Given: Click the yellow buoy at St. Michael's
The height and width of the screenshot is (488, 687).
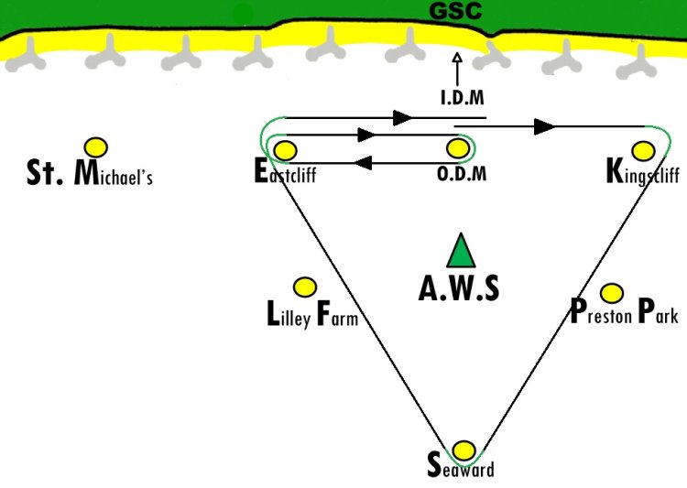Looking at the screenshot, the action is pos(96,147).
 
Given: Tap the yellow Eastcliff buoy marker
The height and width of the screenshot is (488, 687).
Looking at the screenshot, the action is pos(285,150).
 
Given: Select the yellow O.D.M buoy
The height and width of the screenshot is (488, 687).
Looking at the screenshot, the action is pos(458,148).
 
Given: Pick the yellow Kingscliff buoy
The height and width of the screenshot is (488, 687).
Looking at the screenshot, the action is pos(644,151).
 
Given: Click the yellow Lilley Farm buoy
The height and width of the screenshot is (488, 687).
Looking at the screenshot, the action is pos(304,287).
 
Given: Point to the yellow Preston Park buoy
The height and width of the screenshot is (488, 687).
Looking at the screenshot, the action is pos(612,293).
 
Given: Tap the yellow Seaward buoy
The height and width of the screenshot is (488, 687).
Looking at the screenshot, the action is pos(463,450).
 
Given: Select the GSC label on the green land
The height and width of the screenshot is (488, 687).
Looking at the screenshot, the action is pos(455,11).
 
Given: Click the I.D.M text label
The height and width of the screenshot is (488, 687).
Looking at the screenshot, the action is pos(463,97).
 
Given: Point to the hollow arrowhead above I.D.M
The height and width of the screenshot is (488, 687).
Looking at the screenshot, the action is pos(457,58).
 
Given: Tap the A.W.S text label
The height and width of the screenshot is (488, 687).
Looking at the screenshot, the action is pos(459,288).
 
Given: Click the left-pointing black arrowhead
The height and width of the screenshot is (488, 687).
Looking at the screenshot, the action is pos(363,163).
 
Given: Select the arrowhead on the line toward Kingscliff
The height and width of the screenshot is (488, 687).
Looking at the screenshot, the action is pos(545,126).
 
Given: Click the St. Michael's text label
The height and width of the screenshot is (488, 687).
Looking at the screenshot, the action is pos(90,172).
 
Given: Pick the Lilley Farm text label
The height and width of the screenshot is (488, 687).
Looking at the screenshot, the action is pos(312,314).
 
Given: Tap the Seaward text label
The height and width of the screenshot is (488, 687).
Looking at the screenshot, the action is pos(461,466).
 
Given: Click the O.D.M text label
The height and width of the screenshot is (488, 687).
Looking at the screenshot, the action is pos(462,174).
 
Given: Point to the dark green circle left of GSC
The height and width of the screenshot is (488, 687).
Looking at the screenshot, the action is pos(243,15).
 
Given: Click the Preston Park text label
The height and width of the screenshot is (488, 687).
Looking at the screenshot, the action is pos(625,311).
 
